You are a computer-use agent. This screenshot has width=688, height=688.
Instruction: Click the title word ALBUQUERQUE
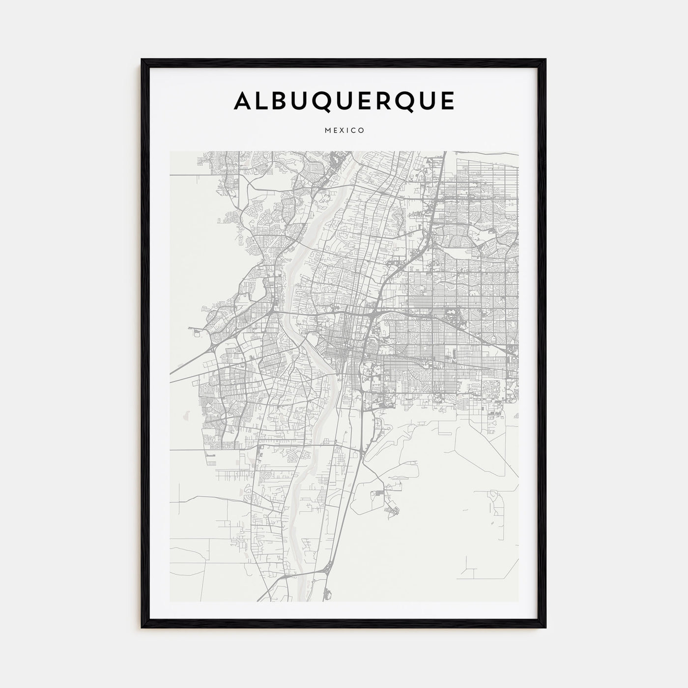(344, 101)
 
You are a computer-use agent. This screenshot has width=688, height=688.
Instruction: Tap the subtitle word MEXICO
(344, 131)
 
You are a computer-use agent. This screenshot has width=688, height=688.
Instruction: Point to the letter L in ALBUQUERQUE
(264, 101)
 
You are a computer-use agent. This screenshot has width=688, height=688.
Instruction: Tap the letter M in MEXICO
(327, 131)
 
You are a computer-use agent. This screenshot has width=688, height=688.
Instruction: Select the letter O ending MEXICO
(361, 131)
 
